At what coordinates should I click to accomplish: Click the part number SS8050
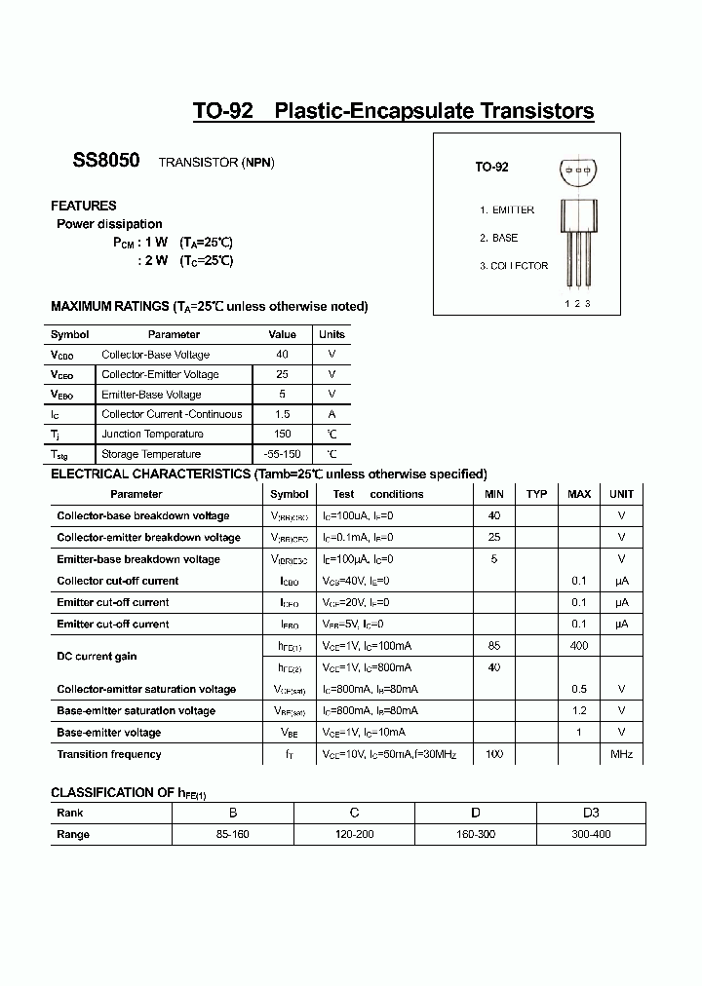click(x=106, y=161)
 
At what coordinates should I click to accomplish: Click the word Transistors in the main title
click(x=536, y=111)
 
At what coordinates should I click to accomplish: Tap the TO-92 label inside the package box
click(x=491, y=167)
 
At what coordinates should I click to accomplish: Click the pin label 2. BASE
click(x=498, y=238)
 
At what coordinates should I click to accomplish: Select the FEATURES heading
click(x=83, y=206)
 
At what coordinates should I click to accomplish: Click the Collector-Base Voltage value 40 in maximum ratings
click(x=282, y=355)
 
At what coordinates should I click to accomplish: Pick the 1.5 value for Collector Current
click(x=282, y=414)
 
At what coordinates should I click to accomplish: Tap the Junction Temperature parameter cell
click(x=152, y=434)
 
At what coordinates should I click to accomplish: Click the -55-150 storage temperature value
click(x=282, y=454)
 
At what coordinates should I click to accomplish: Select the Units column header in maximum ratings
click(x=331, y=334)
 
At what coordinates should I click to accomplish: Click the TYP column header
click(x=536, y=494)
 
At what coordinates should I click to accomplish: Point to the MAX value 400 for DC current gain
click(x=579, y=645)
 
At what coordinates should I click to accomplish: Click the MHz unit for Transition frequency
click(x=621, y=754)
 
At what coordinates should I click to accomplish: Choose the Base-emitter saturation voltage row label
click(x=136, y=710)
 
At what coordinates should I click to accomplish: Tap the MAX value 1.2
click(x=579, y=710)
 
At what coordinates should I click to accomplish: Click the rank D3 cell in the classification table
click(x=590, y=813)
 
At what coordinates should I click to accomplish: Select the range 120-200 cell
click(x=355, y=834)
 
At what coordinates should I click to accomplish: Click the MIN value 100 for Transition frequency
click(x=494, y=754)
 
